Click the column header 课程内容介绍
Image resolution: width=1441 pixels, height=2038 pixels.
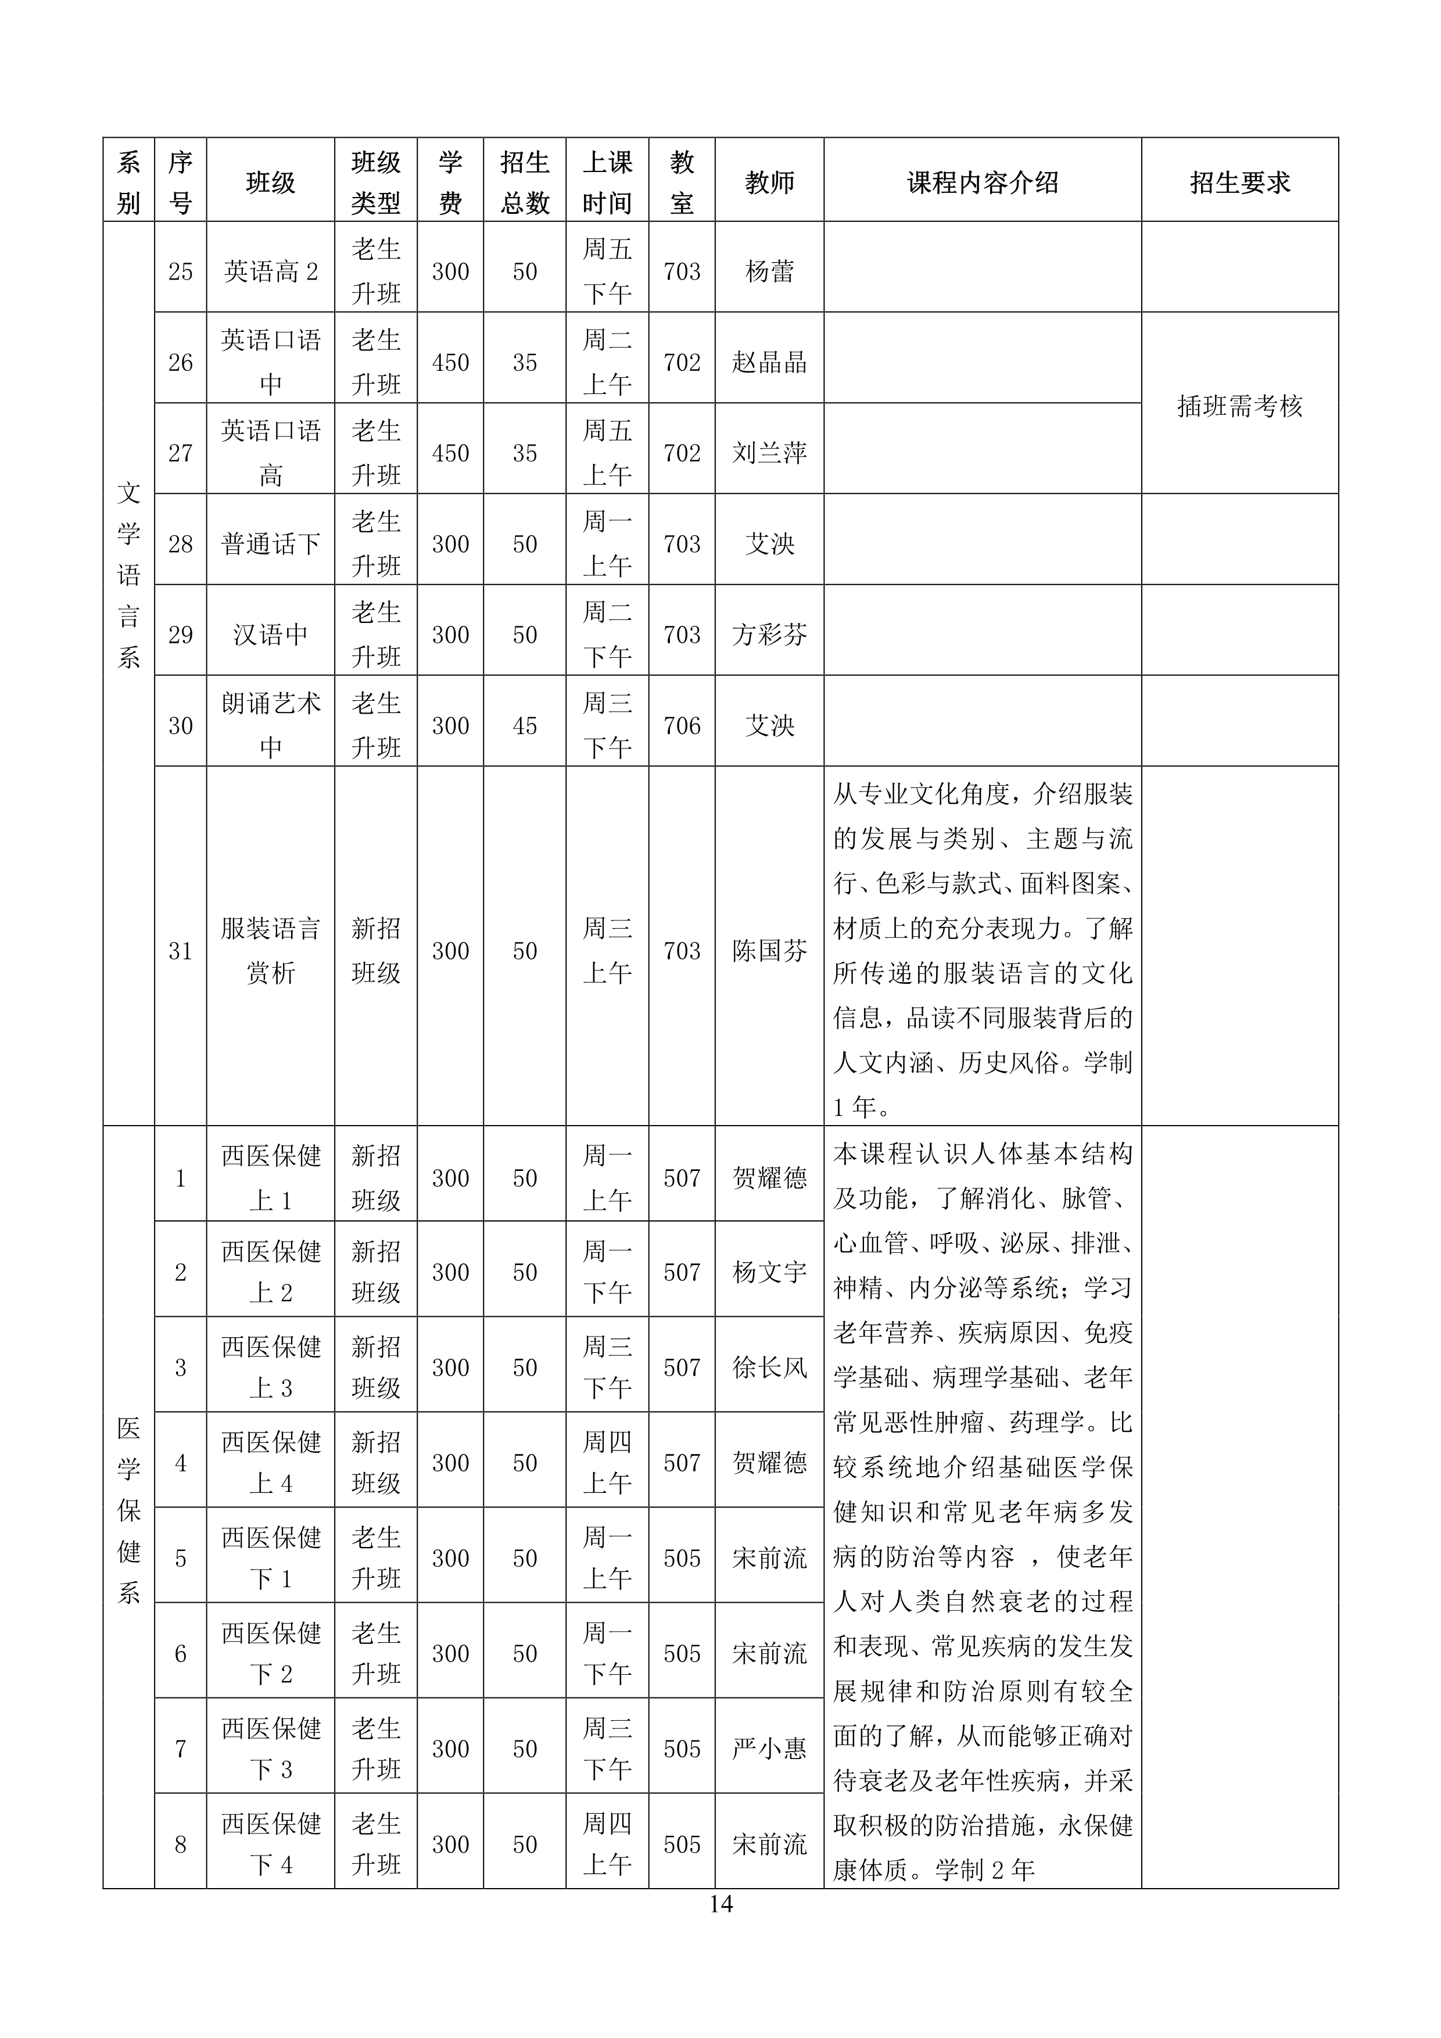(x=981, y=183)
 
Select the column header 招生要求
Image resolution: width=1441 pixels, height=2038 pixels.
(x=1239, y=183)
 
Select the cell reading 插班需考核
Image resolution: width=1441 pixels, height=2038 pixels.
(x=1239, y=407)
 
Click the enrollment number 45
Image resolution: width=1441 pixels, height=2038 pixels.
(x=525, y=725)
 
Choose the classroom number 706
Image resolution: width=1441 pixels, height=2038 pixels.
(x=682, y=725)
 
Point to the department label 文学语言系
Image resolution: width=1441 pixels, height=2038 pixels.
(x=128, y=575)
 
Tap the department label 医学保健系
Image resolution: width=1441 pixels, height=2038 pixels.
(x=128, y=1509)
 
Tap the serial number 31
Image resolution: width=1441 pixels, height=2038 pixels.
(x=180, y=951)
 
